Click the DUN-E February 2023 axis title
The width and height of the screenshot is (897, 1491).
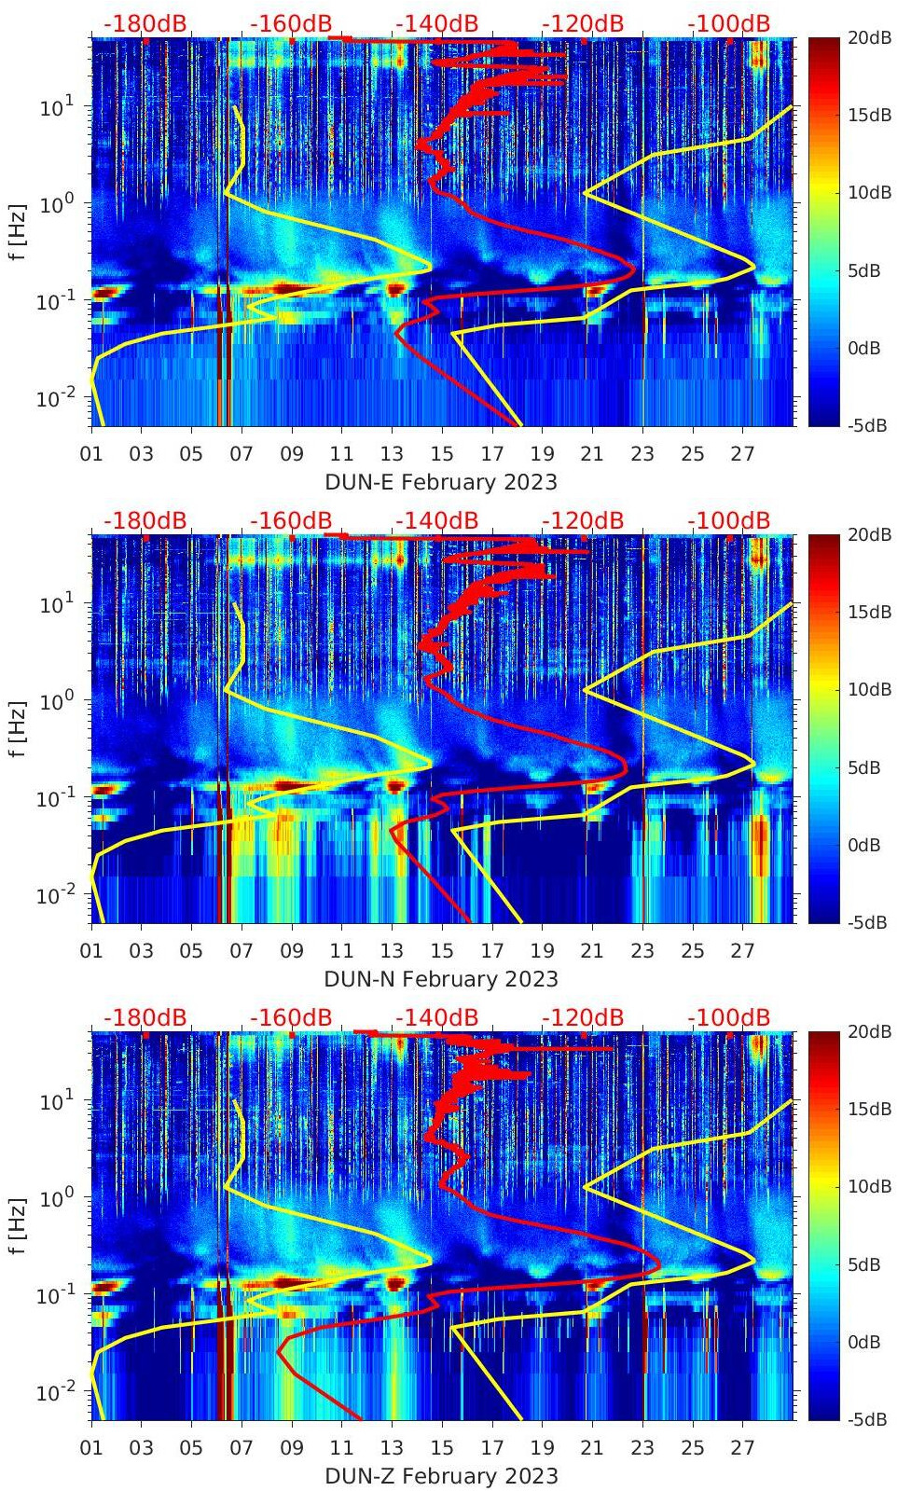pos(440,482)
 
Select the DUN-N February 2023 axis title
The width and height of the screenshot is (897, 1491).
pos(441,979)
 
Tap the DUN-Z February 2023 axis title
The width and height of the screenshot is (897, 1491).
pos(441,1476)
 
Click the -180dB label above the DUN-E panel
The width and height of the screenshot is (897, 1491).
pos(145,23)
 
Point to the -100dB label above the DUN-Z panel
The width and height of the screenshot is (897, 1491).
pos(729,1017)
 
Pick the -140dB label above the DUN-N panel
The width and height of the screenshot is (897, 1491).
pos(436,520)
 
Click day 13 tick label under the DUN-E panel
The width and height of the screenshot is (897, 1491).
pos(392,454)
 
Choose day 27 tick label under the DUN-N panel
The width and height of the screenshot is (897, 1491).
pos(742,951)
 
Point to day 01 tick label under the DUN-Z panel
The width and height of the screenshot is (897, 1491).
pos(91,1448)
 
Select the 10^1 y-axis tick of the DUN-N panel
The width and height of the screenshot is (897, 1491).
pos(57,604)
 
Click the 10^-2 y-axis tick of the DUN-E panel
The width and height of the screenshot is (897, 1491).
pos(54,399)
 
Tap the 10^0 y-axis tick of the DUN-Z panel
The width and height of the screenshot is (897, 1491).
pos(57,1197)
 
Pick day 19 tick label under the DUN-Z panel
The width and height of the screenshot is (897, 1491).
pos(542,1448)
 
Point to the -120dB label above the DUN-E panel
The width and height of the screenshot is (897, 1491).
pos(583,23)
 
